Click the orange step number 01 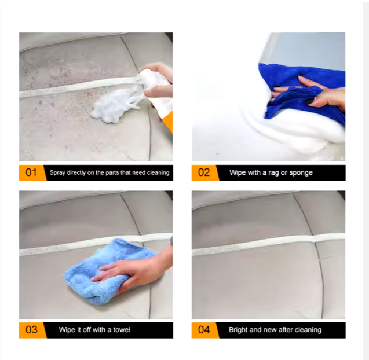tap(31, 172)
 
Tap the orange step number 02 tap(203, 172)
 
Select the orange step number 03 tap(31, 330)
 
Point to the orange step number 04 tap(203, 330)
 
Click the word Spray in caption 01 tap(57, 172)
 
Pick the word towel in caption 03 tap(120, 330)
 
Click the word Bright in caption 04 tap(239, 330)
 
